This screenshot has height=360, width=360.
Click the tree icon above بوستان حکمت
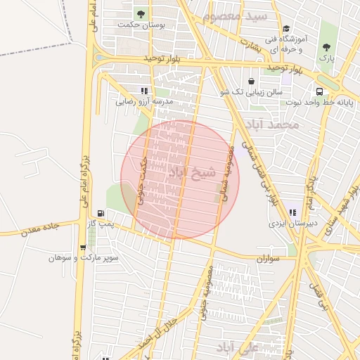tap(141, 14)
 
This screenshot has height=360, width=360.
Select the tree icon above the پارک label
tap(326, 49)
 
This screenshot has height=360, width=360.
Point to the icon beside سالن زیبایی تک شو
tap(252, 81)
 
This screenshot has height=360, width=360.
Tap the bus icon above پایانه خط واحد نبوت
tap(321, 91)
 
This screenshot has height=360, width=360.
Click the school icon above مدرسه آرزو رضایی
tap(144, 91)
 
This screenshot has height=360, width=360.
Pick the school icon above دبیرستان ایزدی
tap(292, 212)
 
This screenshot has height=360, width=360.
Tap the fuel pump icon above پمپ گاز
tap(101, 213)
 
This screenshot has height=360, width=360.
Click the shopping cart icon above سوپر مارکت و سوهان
tap(84, 247)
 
